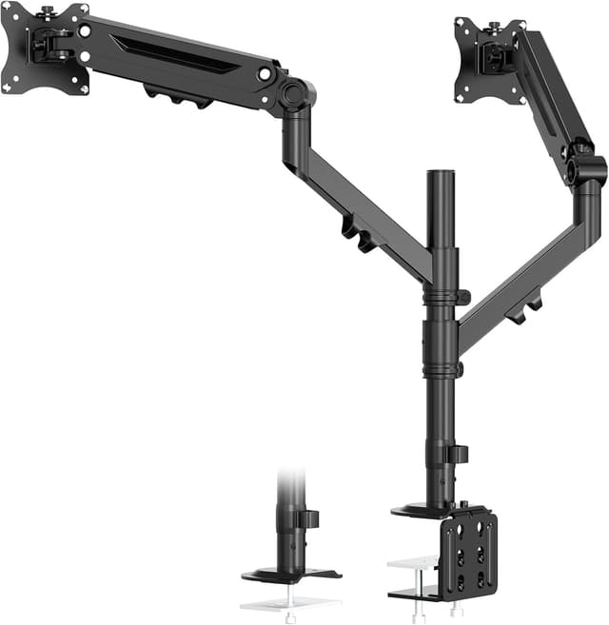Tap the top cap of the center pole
[441, 175]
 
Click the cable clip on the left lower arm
[358, 235]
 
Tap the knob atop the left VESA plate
[45, 11]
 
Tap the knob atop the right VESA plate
[494, 19]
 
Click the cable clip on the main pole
[459, 454]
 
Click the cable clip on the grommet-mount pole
[308, 519]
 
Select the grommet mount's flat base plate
[289, 574]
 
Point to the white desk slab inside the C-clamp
[412, 567]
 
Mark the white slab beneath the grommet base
[287, 602]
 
